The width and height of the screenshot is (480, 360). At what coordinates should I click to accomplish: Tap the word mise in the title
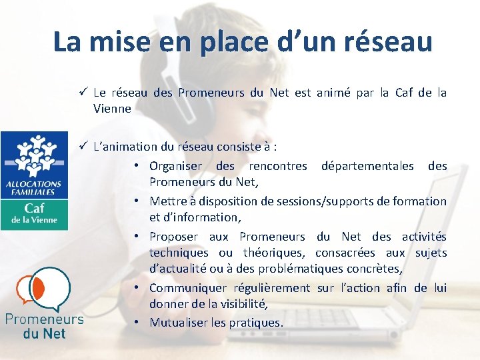[119, 41]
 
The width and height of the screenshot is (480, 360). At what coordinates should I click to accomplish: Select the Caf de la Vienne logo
[34, 181]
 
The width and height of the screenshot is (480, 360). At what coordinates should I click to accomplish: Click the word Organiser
[175, 165]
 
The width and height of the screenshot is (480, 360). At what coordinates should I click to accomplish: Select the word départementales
[367, 165]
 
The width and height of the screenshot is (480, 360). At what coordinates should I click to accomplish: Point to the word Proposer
[173, 237]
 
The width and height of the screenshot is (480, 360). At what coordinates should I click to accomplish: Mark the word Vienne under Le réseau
[112, 109]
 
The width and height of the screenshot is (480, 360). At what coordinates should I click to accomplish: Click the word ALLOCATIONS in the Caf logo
[33, 184]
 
